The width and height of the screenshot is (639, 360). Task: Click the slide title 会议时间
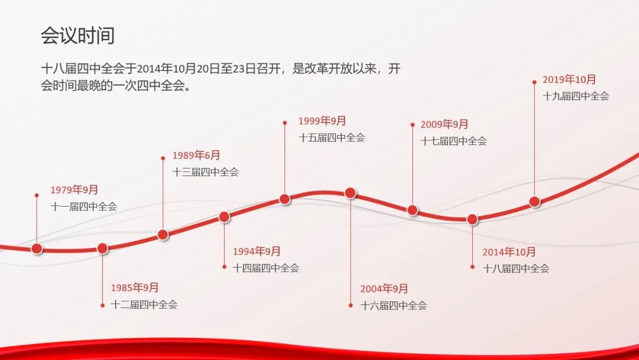[78, 36]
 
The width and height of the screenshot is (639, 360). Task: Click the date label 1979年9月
[74, 189]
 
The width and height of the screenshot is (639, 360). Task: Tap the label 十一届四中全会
[84, 206]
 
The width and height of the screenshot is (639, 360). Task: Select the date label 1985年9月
[135, 287]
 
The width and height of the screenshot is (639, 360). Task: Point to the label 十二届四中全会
[144, 304]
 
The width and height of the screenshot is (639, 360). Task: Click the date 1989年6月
[196, 155]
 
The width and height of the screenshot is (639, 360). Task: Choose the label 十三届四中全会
[206, 172]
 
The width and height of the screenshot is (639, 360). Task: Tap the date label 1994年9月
[257, 251]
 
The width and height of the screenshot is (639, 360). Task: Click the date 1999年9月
[322, 121]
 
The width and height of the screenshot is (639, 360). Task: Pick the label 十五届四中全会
[332, 137]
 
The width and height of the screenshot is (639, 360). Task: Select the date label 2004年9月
[385, 289]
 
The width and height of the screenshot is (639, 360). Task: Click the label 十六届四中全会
[393, 306]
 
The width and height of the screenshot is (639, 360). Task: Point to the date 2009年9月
[444, 124]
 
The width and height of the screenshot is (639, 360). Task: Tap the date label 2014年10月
[509, 252]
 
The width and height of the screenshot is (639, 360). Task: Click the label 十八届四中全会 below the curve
[516, 268]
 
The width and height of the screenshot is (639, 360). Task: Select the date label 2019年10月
[569, 79]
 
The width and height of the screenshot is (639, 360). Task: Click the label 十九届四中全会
[576, 96]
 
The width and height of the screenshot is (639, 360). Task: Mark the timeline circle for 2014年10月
[472, 219]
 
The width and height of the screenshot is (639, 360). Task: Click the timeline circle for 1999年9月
[285, 199]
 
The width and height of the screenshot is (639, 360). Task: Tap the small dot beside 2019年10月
[534, 82]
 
